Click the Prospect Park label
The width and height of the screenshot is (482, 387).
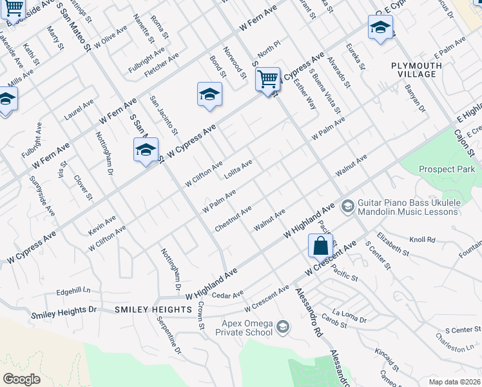(446, 169)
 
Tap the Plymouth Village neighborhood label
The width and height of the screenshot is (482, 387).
(416, 70)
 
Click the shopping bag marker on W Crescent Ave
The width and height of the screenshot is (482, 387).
(320, 246)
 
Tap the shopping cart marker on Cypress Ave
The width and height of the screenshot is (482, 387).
(267, 80)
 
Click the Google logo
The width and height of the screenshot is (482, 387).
(21, 379)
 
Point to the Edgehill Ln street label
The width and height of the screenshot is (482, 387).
(73, 291)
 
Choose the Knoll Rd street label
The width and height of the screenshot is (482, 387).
(423, 239)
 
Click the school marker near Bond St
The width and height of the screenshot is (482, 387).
(209, 95)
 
